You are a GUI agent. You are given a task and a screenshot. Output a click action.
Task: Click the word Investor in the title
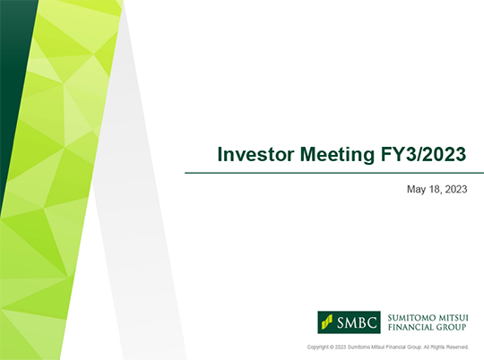[256, 154]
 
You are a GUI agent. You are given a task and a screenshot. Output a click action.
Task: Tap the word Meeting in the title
[337, 155]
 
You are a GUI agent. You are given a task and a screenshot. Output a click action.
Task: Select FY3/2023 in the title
[423, 154]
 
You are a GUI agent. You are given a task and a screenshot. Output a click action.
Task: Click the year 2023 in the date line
[456, 189]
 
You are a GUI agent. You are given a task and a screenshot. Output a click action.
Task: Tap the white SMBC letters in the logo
[357, 322]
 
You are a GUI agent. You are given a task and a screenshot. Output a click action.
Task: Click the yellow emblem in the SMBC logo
[327, 322]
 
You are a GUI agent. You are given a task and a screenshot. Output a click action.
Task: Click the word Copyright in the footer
[317, 347]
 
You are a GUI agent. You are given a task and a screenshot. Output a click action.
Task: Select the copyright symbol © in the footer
[332, 347]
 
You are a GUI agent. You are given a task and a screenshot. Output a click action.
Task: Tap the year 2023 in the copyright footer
[341, 347]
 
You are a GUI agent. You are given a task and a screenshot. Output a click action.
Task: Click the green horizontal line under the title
[334, 173]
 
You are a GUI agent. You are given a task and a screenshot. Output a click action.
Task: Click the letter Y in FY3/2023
[399, 154]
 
